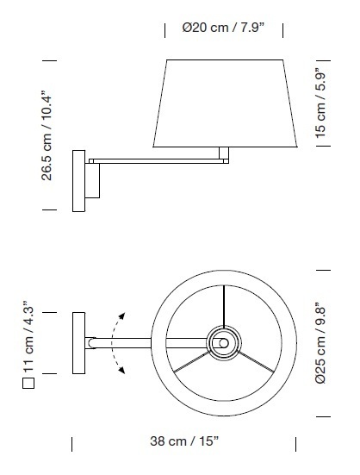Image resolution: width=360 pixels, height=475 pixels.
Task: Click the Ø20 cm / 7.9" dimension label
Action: (223, 28)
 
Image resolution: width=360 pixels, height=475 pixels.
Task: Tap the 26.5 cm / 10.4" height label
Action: (47, 135)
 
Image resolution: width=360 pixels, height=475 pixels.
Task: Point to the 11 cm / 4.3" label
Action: (28, 336)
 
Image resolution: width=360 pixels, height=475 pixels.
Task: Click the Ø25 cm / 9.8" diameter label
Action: (320, 343)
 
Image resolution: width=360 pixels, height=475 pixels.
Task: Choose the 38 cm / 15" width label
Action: (184, 441)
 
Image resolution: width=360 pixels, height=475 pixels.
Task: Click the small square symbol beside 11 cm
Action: (28, 383)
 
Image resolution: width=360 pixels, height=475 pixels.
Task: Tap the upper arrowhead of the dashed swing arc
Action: (121, 316)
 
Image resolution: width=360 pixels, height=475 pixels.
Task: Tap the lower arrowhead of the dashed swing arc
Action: (122, 370)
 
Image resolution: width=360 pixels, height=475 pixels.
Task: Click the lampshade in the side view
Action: (225, 103)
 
